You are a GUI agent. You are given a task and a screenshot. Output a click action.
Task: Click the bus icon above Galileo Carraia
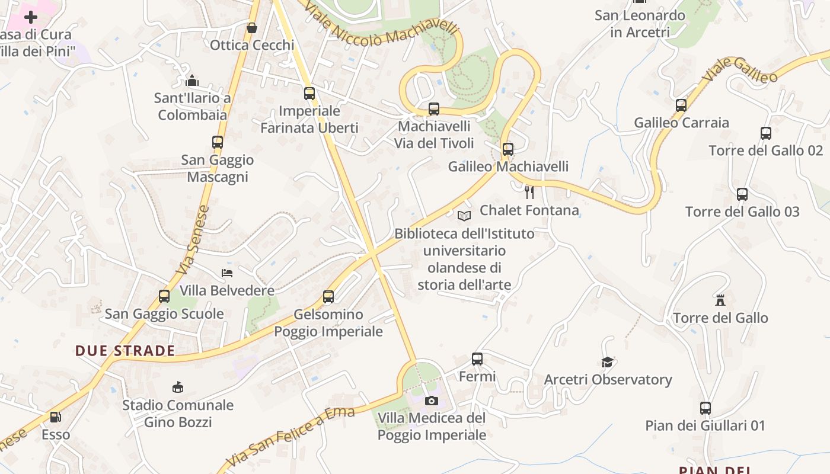[681, 105]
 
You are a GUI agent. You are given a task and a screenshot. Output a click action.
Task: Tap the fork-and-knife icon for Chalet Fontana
[529, 192]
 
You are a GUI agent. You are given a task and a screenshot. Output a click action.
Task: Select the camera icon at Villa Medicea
[431, 401]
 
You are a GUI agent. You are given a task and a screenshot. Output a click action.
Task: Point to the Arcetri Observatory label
[608, 380]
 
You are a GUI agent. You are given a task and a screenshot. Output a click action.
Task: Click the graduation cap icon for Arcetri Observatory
[607, 362]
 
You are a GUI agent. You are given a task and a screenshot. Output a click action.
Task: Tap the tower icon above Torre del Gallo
[720, 300]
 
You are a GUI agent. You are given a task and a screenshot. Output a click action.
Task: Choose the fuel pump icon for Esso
[55, 417]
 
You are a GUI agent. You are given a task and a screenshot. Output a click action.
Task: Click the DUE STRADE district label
[125, 351]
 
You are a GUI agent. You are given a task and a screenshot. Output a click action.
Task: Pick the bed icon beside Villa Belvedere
[226, 273]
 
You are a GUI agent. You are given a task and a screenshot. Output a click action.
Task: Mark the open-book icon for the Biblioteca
[464, 216]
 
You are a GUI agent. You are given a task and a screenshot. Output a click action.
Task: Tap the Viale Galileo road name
[740, 71]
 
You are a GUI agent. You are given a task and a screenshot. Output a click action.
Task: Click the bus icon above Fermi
[477, 358]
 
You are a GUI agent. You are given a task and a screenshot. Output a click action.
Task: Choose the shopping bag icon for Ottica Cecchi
[252, 28]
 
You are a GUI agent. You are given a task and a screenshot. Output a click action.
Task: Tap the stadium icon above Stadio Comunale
[177, 387]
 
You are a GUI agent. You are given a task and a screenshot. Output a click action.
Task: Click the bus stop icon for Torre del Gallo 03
[742, 194]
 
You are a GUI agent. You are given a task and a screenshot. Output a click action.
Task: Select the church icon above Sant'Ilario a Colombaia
[192, 80]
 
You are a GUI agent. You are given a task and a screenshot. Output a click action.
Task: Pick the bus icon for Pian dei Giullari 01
[705, 408]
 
